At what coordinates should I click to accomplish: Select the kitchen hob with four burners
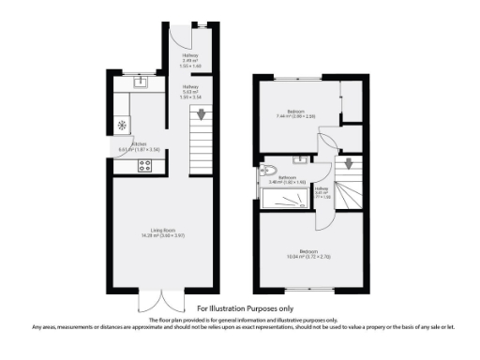[x=145, y=166]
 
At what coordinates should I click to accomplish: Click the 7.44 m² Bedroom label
[x=296, y=113]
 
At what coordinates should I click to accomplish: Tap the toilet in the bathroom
[x=268, y=170]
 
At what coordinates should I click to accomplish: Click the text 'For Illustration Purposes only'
[x=245, y=307]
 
